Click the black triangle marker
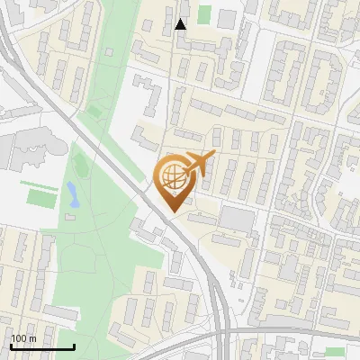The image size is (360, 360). click(181, 24)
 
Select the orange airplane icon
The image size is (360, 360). click(201, 165)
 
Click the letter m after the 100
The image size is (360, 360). click(33, 337)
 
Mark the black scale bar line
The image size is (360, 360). click(41, 346)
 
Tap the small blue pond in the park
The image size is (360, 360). click(72, 193)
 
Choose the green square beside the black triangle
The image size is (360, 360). click(204, 15)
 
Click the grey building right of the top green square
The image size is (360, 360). click(226, 17)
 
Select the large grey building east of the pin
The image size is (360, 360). click(238, 218)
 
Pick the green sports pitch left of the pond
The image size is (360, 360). click(40, 196)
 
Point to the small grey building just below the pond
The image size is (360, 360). click(73, 216)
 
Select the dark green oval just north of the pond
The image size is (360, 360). click(79, 166)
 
